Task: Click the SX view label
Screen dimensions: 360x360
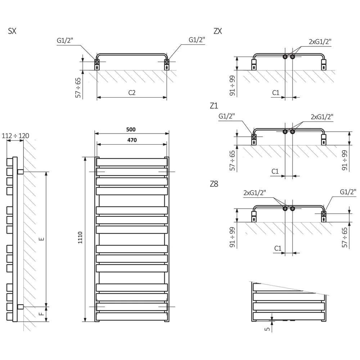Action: point(12,31)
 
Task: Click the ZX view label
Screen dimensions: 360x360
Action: point(218,31)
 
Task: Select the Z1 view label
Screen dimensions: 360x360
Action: point(214,105)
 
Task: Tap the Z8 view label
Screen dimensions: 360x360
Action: point(214,184)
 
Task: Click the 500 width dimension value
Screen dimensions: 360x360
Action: point(131,130)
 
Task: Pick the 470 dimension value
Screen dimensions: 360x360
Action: point(132,140)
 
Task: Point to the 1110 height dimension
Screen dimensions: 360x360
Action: point(80,238)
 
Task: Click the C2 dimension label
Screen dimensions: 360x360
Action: point(132,93)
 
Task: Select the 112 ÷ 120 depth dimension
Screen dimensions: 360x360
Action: point(15,136)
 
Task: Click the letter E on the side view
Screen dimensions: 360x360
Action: point(41,239)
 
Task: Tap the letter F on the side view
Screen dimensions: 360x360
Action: point(41,314)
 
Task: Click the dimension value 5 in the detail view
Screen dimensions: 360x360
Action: point(267,329)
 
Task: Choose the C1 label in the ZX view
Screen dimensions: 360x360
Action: point(276,93)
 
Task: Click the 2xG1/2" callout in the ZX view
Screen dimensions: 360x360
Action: point(320,41)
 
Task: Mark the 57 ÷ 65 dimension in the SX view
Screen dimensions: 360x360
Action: point(78,88)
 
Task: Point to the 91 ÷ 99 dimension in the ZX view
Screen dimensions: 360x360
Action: point(232,85)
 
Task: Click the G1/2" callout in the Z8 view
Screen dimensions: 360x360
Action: point(348,192)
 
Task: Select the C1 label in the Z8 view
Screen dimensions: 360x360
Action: point(278,248)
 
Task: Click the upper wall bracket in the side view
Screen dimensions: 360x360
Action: point(21,171)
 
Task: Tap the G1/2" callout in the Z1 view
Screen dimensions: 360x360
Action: point(226,116)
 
